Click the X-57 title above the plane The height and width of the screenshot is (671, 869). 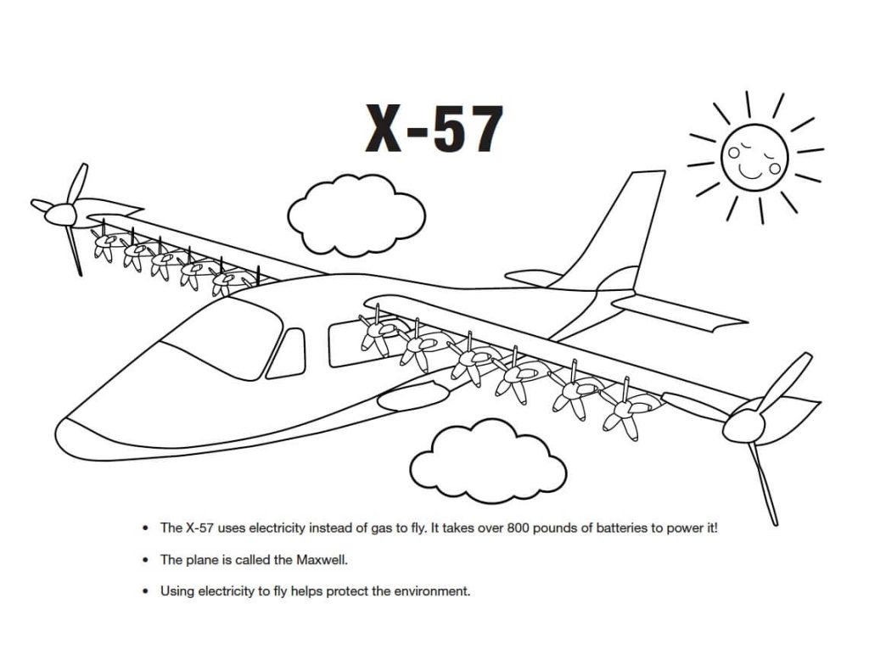(434, 128)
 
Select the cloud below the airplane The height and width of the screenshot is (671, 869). (486, 463)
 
